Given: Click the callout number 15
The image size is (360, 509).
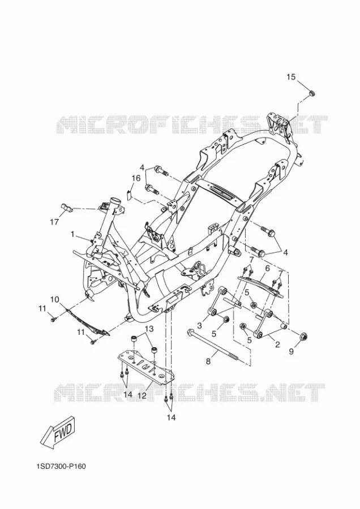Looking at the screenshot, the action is click(291, 77).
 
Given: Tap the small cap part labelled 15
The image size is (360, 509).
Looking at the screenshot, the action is click(311, 94).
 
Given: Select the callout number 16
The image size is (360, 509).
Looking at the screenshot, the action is click(136, 178).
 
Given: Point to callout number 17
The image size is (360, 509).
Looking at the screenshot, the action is click(54, 222).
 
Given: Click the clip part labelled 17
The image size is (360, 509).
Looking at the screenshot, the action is click(66, 208).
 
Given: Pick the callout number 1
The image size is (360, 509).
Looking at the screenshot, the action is click(73, 234).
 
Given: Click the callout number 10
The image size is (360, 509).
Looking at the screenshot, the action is click(54, 299).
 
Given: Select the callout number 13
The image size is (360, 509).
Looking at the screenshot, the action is click(148, 329).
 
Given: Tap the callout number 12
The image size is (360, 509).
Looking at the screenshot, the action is click(142, 395).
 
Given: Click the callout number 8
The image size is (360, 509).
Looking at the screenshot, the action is click(208, 361).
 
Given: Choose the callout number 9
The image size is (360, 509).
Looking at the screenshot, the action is click(291, 351).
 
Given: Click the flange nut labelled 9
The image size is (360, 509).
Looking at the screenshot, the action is click(303, 337).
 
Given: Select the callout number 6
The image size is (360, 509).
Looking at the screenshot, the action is click(267, 269).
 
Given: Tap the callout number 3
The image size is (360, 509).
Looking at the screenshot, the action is click(199, 325).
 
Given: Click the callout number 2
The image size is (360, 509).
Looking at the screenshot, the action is click(277, 345).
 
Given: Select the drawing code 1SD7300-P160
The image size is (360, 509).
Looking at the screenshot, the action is click(61, 467).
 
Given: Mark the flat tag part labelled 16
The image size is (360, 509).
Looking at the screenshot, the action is click(128, 195).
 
